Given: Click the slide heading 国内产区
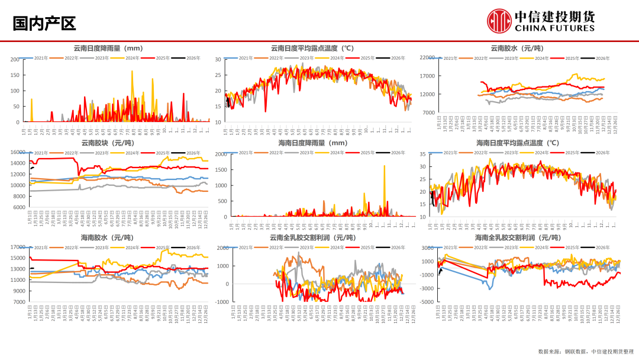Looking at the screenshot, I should pyautogui.click(x=44, y=24).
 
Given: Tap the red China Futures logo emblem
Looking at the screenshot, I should pyautogui.click(x=499, y=21).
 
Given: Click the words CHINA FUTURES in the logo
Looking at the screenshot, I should pyautogui.click(x=554, y=28).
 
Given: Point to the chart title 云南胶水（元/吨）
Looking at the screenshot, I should pyautogui.click(x=517, y=48).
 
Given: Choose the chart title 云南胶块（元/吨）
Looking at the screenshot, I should pyautogui.click(x=107, y=143).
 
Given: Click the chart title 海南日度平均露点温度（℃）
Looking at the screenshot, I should pyautogui.click(x=518, y=143).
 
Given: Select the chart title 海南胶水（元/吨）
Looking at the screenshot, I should pyautogui.click(x=107, y=237).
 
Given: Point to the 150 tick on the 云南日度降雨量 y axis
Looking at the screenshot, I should pyautogui.click(x=14, y=75).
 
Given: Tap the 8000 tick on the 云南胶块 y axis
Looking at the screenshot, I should pyautogui.click(x=17, y=197).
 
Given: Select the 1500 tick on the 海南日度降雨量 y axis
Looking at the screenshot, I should pyautogui.click(x=220, y=170).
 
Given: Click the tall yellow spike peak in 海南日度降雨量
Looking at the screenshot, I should pyautogui.click(x=385, y=166).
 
